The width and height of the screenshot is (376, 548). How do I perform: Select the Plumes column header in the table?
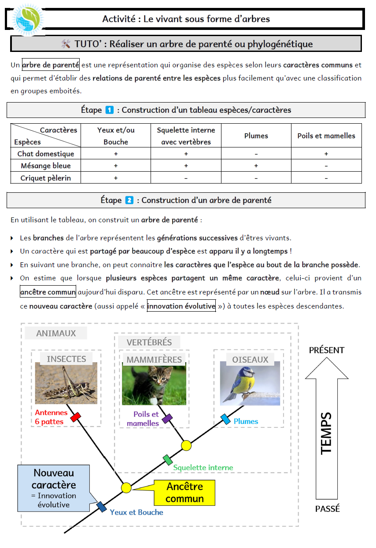(256, 136)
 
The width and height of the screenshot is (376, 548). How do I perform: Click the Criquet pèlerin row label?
(45, 178)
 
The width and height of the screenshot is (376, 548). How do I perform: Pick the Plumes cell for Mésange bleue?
(256, 166)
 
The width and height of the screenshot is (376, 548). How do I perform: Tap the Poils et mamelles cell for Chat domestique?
(326, 154)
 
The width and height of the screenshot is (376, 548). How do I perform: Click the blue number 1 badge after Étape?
(110, 110)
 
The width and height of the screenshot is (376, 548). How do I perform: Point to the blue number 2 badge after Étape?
(129, 200)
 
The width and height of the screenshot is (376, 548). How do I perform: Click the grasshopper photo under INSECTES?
(66, 383)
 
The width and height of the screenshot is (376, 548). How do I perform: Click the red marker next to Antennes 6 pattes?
(75, 417)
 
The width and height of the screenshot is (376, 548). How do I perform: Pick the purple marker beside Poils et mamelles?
(167, 419)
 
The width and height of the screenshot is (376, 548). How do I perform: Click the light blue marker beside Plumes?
(225, 419)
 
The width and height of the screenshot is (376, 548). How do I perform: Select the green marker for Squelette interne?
(167, 460)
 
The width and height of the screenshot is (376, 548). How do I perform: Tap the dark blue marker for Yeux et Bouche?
(102, 507)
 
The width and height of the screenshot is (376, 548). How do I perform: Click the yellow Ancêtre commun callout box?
(184, 493)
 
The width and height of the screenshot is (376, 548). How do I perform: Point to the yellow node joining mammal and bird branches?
(186, 445)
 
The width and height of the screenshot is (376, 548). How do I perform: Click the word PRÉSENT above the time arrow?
(326, 350)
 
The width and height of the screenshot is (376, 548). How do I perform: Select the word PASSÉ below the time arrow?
(328, 509)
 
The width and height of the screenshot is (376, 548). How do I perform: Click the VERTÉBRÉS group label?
(149, 342)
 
